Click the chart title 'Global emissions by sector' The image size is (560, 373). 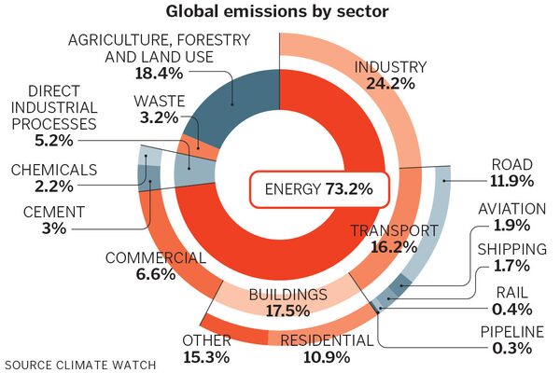[279, 13]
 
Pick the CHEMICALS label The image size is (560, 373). [54, 170]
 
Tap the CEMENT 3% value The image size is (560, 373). [44, 228]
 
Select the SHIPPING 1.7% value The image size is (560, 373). [511, 267]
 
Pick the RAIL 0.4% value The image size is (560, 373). [511, 309]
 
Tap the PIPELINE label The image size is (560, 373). [511, 331]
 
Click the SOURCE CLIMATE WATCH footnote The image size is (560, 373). [80, 363]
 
